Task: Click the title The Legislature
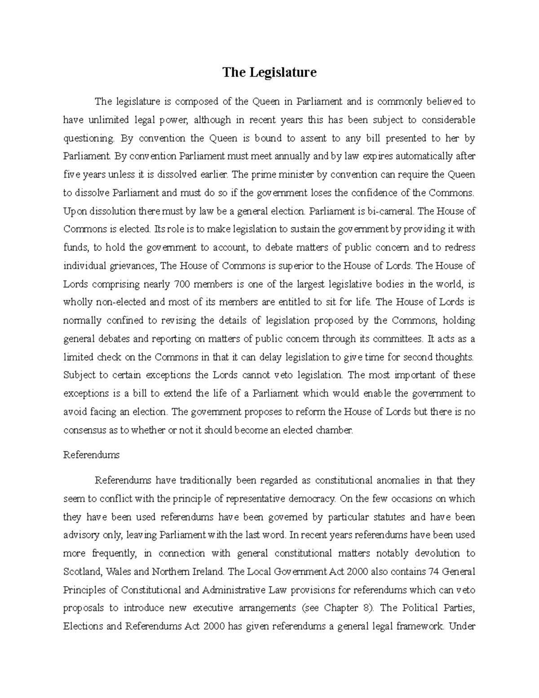pyautogui.click(x=269, y=72)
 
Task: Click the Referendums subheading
pyautogui.click(x=92, y=455)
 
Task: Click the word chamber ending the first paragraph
pyautogui.click(x=334, y=430)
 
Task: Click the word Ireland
pyautogui.click(x=207, y=572)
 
